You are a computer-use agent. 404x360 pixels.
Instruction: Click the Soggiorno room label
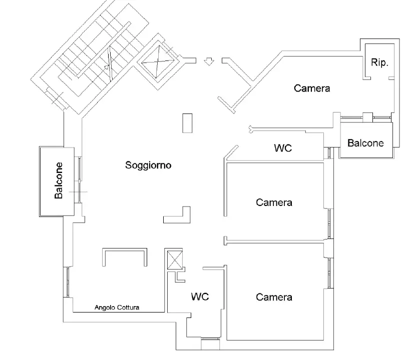[x=148, y=165]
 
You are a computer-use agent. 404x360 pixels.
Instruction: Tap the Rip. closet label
[x=378, y=63]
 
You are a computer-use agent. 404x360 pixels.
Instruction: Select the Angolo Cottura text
[x=117, y=308]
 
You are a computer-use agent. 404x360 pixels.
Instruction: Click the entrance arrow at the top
[x=209, y=61]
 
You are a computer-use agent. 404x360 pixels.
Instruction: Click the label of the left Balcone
[x=59, y=180]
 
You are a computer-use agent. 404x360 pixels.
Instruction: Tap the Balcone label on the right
[x=365, y=143]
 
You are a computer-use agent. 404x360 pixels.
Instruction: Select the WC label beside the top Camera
[x=283, y=148]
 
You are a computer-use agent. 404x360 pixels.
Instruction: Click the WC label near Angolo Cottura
[x=200, y=296]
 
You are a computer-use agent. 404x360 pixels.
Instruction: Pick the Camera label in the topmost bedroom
[x=312, y=88]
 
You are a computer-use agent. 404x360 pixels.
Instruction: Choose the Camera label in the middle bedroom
[x=274, y=202]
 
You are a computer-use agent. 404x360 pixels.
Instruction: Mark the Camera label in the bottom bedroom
[x=274, y=297]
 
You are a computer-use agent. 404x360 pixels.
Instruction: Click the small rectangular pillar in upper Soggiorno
[x=187, y=122]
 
